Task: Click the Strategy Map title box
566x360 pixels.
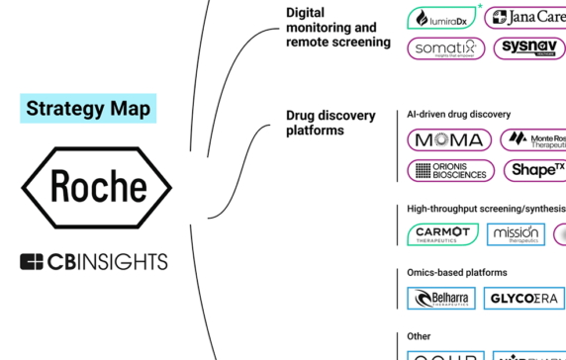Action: (x=88, y=108)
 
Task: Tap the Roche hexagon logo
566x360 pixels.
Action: (x=97, y=187)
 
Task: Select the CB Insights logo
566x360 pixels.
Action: (x=94, y=262)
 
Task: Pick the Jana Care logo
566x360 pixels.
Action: (x=527, y=17)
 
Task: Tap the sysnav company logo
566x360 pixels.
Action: (x=528, y=48)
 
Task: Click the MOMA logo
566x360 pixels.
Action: (x=450, y=139)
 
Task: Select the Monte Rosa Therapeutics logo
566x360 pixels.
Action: (x=534, y=139)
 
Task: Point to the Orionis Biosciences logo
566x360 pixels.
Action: (x=450, y=170)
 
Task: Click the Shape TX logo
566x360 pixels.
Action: (x=534, y=170)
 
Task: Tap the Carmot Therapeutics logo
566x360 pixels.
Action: (x=442, y=234)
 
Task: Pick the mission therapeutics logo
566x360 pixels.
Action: (x=516, y=234)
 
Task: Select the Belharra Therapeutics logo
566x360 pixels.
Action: (x=442, y=298)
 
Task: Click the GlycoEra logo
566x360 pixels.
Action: (x=524, y=298)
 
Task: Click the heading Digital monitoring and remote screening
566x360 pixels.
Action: (x=336, y=28)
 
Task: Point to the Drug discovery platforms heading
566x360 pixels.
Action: (x=330, y=123)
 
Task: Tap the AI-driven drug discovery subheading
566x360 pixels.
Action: (x=458, y=114)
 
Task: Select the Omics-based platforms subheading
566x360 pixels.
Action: (x=456, y=272)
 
